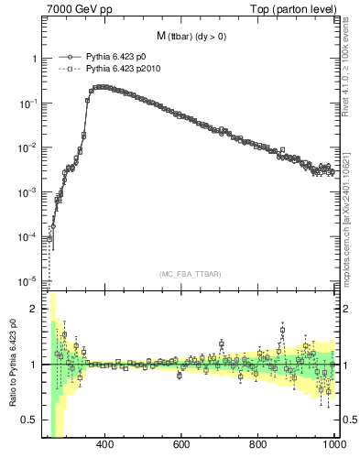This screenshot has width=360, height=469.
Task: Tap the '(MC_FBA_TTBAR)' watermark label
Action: point(191,274)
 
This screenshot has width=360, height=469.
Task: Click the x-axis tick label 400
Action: point(104,445)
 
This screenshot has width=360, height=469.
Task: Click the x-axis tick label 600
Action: point(181,445)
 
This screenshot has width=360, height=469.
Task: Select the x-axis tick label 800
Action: point(258,445)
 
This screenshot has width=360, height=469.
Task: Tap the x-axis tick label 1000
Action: point(333,445)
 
